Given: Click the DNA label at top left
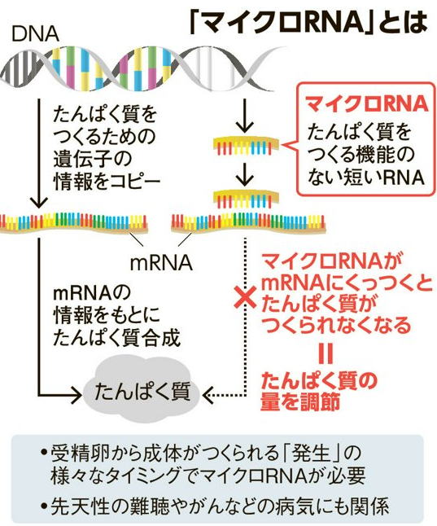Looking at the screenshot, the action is (x=36, y=33).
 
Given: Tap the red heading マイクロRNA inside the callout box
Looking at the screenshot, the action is (x=367, y=103).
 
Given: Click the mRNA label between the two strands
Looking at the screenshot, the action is (x=161, y=263).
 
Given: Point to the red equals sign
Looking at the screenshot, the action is (x=326, y=354).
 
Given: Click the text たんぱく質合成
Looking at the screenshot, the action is (x=116, y=338).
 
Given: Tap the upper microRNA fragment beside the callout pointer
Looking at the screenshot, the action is (x=247, y=145).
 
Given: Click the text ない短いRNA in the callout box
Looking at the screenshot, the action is (x=365, y=177).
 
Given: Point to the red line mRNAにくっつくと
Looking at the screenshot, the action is (x=346, y=284).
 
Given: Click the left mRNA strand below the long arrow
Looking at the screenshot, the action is (x=74, y=222).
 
